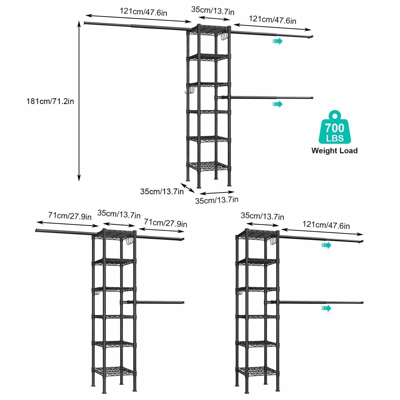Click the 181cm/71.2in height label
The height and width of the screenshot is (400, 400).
point(50,101)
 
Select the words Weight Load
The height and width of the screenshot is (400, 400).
point(334,151)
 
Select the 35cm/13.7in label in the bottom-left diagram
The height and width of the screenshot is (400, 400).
point(119,214)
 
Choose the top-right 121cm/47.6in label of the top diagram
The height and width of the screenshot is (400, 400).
point(272,20)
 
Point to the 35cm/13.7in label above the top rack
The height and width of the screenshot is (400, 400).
point(213,10)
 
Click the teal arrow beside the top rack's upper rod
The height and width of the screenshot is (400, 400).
point(277,41)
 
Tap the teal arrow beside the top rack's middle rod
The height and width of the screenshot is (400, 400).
point(277,104)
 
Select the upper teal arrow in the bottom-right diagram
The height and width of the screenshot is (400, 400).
point(326,245)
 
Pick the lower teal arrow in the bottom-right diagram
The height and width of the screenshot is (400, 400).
point(326,308)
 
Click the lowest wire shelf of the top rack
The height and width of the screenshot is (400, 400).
point(208,166)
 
